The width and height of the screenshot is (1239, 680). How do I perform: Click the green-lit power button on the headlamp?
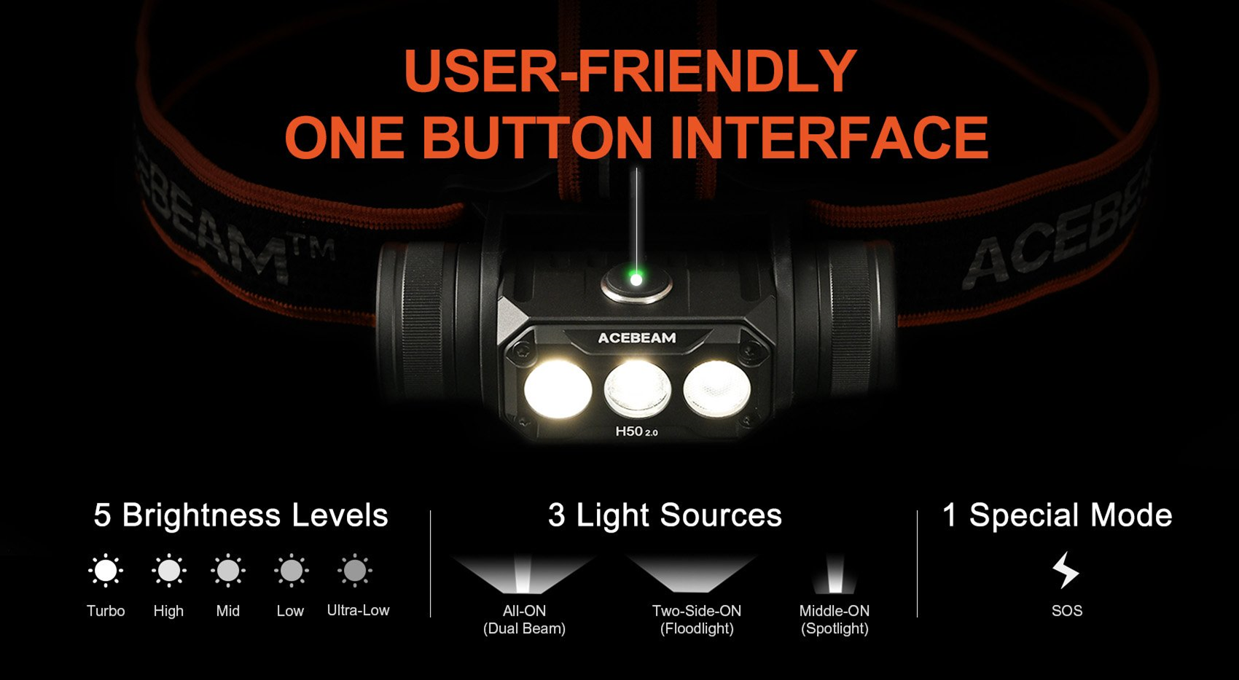(637, 282)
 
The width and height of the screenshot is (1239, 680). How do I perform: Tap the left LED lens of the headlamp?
(558, 389)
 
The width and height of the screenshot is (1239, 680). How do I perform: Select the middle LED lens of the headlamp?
(637, 388)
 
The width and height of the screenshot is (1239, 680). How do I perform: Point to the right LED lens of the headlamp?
(717, 388)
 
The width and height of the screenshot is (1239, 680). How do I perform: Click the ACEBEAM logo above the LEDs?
(637, 337)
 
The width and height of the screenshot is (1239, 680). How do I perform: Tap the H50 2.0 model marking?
(637, 431)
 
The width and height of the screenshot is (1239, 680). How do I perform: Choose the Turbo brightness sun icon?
(106, 571)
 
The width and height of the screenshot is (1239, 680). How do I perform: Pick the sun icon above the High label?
(168, 571)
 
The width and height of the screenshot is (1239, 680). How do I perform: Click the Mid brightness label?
(228, 611)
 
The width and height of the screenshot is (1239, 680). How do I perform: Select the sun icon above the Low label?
(292, 571)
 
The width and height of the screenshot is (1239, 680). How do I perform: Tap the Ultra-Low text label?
(359, 610)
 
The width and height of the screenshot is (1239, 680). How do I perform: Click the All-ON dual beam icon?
(523, 574)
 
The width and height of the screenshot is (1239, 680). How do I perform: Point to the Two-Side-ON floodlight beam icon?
(692, 574)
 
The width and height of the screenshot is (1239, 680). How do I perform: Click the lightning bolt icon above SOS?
(1066, 570)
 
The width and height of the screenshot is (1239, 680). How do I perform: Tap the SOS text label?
(1067, 611)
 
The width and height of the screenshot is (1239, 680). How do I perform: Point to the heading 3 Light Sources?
(665, 516)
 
